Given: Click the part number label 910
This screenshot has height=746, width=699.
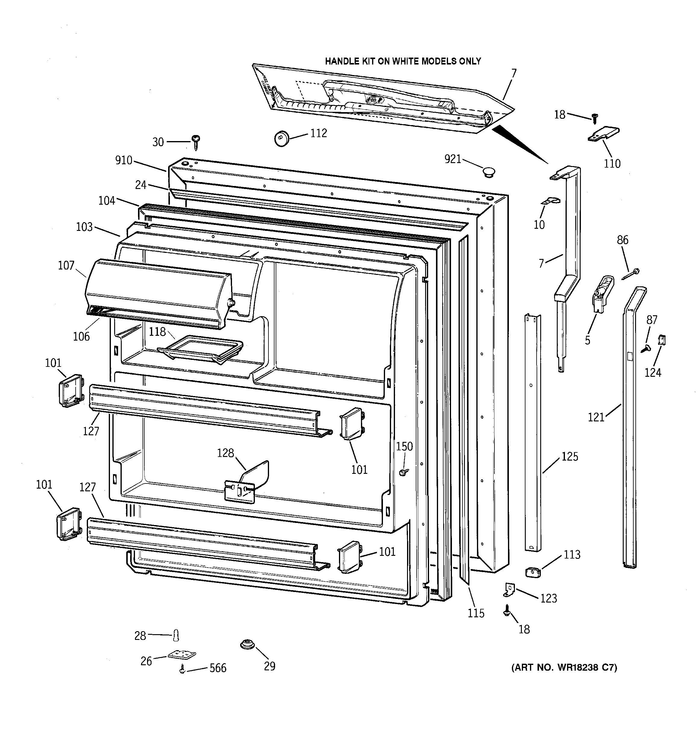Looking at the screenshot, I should point(124,160).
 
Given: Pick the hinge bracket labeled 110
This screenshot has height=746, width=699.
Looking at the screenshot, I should point(603,134).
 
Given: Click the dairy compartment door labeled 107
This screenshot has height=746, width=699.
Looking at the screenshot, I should point(158,293).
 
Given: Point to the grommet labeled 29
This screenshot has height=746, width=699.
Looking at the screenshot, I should point(247,645).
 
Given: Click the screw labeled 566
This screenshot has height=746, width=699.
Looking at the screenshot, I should point(182,668).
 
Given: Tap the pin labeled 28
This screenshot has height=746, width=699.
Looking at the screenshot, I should point(176,635).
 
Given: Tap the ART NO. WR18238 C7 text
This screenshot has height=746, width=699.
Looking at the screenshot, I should point(564,668).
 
